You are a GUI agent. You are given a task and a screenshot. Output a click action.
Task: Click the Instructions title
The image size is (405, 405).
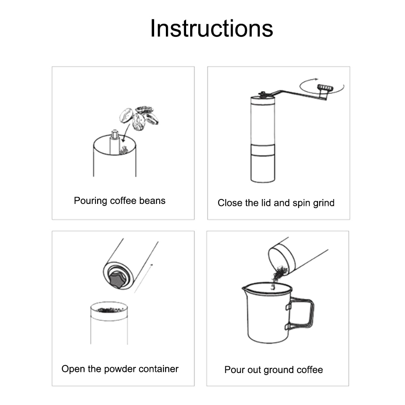[x=212, y=28]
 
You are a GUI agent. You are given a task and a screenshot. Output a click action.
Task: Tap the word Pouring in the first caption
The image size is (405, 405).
[x=90, y=201]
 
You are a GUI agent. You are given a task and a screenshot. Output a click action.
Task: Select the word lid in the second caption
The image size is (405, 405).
[x=266, y=203]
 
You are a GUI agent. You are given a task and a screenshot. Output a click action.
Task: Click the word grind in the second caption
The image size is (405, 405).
[x=324, y=203]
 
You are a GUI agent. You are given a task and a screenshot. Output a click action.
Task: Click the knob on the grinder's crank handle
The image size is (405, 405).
[x=325, y=88]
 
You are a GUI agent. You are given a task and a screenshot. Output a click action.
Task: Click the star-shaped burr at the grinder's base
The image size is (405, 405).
[x=117, y=279]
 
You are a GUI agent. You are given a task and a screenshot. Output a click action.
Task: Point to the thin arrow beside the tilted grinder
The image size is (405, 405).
[x=144, y=278]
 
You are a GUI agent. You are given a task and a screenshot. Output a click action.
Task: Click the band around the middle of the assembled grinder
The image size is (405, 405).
[x=263, y=150]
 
